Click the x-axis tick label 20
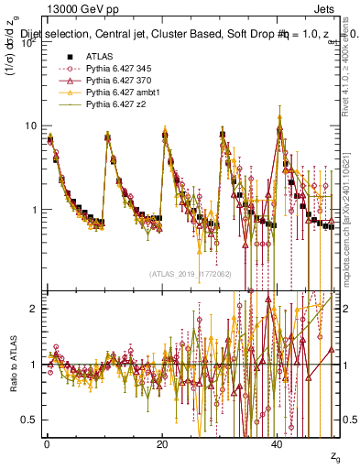click(162, 443)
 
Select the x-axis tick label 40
click(278, 443)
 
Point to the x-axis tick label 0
click(47, 443)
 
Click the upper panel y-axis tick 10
click(31, 125)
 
